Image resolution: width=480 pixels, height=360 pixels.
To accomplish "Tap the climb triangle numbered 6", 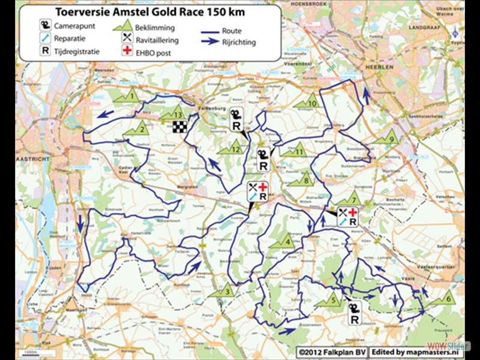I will [447, 297].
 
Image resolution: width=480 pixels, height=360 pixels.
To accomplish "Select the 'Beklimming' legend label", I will [155, 28].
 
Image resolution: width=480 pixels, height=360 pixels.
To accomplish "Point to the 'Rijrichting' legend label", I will [238, 43].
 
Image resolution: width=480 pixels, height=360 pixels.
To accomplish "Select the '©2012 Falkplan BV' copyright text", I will [332, 349].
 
